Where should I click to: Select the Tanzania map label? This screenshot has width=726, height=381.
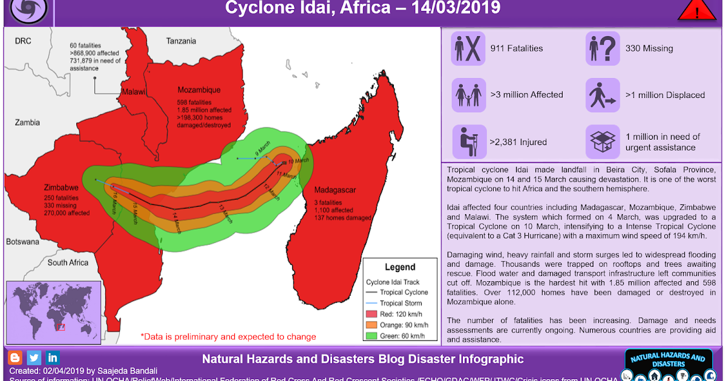click(x=181, y=41)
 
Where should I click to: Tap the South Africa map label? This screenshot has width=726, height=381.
click(x=68, y=262)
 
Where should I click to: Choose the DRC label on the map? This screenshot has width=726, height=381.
click(x=22, y=41)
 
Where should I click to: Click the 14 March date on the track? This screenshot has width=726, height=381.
click(x=175, y=222)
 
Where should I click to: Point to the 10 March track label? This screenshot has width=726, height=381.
click(x=298, y=161)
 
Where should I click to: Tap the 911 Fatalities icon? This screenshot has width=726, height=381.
click(x=468, y=48)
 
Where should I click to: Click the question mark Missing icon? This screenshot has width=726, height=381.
click(x=603, y=48)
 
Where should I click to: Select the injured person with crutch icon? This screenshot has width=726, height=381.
click(x=468, y=142)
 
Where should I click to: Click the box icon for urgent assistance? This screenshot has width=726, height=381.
click(x=603, y=142)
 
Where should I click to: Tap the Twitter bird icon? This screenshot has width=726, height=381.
click(x=34, y=357)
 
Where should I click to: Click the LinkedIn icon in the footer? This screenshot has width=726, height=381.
click(x=53, y=357)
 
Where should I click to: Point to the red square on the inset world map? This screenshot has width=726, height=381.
click(x=60, y=327)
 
